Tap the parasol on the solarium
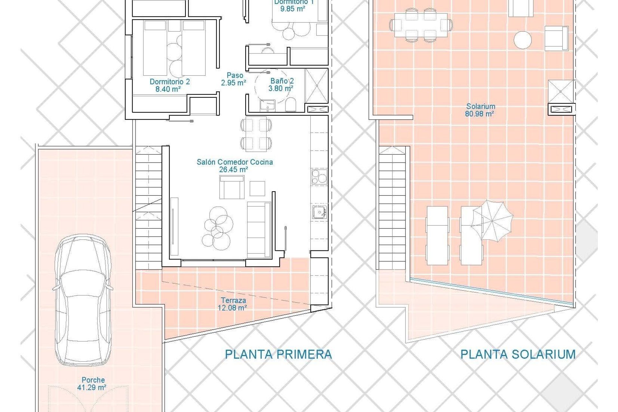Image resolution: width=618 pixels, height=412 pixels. click(492, 221)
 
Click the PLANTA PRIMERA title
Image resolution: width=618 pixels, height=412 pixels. click(278, 354)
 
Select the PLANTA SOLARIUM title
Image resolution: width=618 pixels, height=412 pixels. click(518, 354)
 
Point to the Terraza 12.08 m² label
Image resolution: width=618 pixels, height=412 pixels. click(232, 304)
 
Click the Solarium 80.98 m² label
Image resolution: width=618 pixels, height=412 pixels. click(480, 110)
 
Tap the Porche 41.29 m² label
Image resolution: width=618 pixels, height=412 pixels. click(92, 384)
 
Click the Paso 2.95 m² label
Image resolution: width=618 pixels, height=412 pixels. click(234, 79)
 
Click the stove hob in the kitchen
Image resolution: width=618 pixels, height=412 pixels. click(319, 177)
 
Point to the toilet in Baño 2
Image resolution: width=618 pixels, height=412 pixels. click(290, 105)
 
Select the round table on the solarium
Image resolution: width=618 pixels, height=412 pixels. click(522, 40)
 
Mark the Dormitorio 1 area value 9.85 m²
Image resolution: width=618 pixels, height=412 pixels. click(292, 9)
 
